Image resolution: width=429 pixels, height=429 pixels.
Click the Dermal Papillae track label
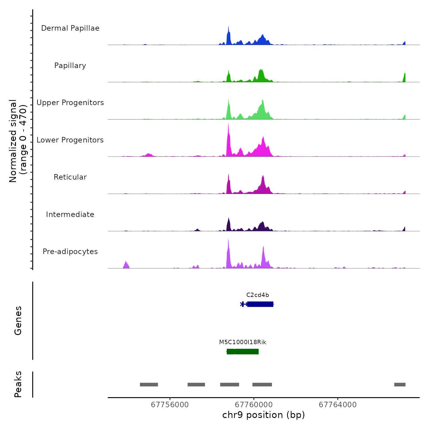[x=70, y=28]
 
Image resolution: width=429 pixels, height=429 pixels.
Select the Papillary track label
[x=70, y=66]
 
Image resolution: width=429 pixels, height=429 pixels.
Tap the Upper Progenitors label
[x=70, y=103]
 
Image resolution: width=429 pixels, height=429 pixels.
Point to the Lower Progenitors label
[x=70, y=140]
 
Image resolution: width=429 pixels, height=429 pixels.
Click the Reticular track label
[x=70, y=177]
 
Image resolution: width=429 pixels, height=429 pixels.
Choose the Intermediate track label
[x=70, y=214]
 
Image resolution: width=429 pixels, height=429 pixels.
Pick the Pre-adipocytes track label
[x=70, y=252]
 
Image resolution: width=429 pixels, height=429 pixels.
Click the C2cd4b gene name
[x=257, y=295]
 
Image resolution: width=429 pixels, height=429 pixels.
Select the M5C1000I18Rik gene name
[x=242, y=342]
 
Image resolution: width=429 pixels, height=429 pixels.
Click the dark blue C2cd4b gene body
[x=260, y=304]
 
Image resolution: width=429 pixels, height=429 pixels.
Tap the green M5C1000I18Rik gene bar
[x=243, y=351]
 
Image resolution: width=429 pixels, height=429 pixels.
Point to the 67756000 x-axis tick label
[x=170, y=405]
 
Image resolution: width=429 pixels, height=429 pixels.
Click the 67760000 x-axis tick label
[x=254, y=405]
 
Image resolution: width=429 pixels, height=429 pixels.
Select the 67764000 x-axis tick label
[x=338, y=405]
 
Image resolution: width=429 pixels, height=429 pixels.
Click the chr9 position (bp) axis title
[x=264, y=415]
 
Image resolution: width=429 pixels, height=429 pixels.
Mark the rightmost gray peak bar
[x=400, y=385]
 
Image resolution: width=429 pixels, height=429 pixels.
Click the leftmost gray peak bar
[x=149, y=385]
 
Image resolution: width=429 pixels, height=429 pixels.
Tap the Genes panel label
[x=18, y=321]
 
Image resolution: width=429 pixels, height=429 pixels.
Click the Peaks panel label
[x=18, y=384]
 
